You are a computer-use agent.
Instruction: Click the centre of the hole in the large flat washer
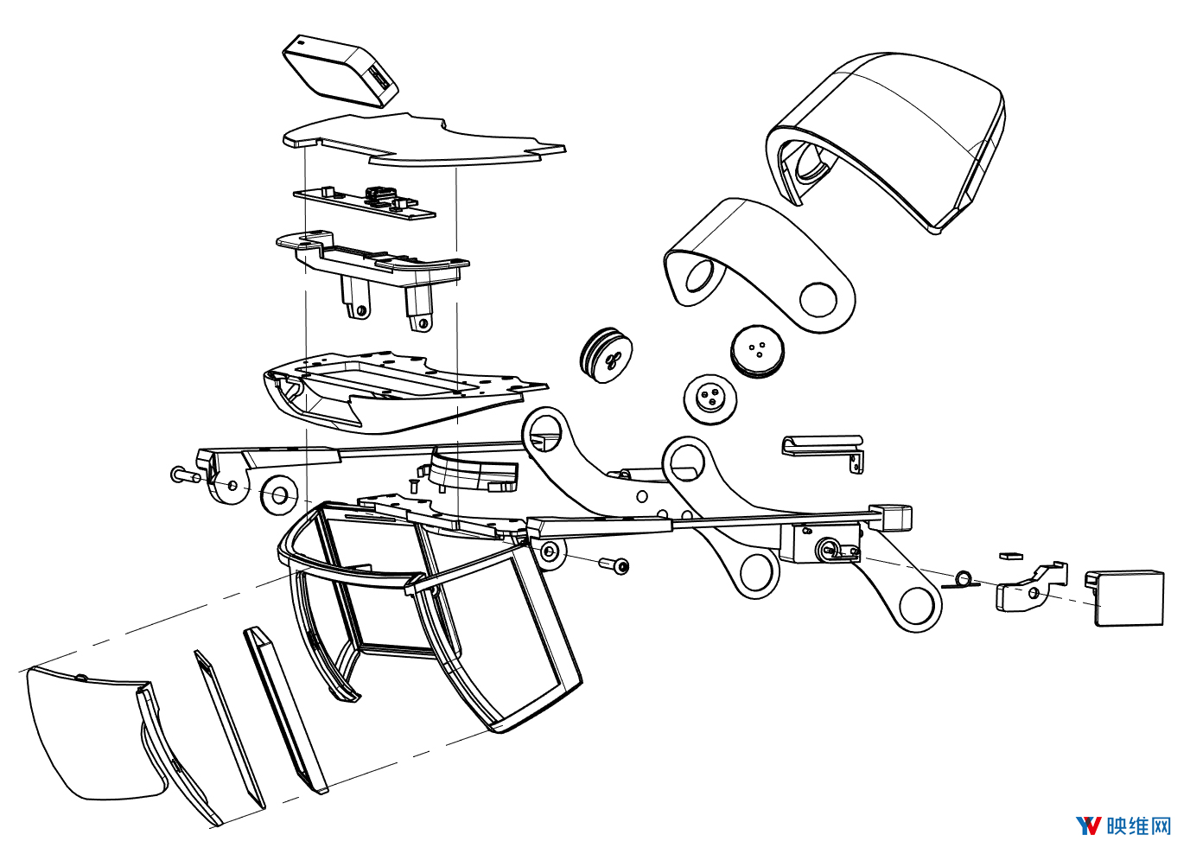(280, 496)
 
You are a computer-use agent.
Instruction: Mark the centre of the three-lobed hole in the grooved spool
(611, 361)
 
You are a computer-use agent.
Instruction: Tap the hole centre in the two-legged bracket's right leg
(424, 322)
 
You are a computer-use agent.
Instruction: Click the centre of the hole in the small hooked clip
(1034, 592)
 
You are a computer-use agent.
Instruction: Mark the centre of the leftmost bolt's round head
(177, 474)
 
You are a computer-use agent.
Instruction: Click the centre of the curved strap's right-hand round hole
(818, 300)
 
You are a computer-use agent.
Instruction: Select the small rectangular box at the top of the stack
(340, 71)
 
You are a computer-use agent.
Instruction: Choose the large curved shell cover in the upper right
(886, 143)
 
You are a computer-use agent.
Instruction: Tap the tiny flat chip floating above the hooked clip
(1010, 557)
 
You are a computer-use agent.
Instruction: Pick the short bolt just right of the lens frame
(614, 565)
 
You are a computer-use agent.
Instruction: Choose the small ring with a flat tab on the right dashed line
(963, 579)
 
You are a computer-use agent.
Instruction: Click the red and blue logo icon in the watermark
(1088, 825)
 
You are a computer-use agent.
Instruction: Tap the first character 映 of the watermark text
(1117, 825)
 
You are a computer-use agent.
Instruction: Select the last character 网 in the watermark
(1161, 825)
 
